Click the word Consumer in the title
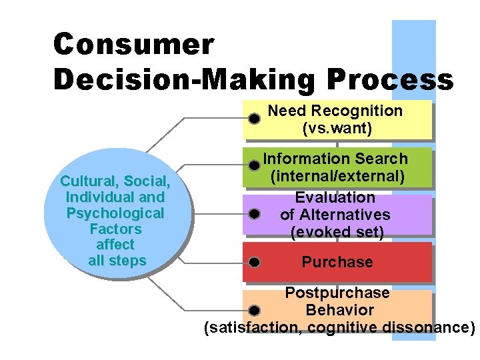[134, 45]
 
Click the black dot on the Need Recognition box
[254, 119]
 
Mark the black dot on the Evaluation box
[254, 214]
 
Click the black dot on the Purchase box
[254, 262]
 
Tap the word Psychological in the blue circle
[115, 213]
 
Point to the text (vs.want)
[337, 127]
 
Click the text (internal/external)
[337, 176]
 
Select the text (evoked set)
[337, 232]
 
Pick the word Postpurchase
[337, 293]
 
